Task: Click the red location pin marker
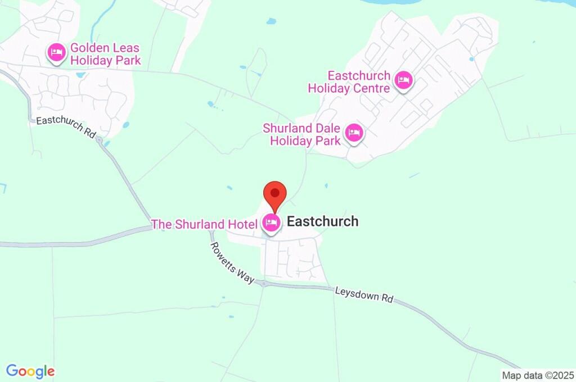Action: [275, 194]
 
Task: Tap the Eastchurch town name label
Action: [322, 221]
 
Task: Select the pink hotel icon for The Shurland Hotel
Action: [272, 223]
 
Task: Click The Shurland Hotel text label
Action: [204, 225]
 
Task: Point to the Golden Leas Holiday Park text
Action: [105, 54]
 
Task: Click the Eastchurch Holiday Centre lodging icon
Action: [403, 80]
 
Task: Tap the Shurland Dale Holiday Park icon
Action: [354, 134]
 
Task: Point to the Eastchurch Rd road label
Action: [66, 128]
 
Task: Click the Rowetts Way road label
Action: [232, 262]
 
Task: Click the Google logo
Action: [30, 371]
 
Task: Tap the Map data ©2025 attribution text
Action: [538, 375]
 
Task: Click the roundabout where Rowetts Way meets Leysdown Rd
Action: [263, 284]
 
